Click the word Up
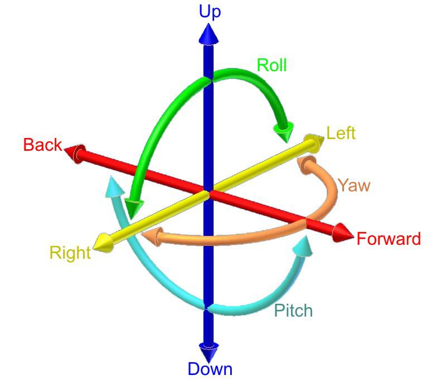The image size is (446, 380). [x=210, y=12]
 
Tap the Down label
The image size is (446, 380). [x=210, y=369]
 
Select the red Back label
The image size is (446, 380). [x=42, y=145]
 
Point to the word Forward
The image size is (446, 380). [x=389, y=239]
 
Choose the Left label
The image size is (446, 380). [x=341, y=133]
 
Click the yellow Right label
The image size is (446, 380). [x=70, y=253]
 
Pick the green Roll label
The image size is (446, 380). [x=272, y=65]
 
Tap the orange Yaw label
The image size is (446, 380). [x=354, y=185]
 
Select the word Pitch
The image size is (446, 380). [x=293, y=310]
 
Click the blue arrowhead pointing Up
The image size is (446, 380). [x=209, y=34]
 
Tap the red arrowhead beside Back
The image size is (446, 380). [x=75, y=153]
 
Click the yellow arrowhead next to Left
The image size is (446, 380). [x=314, y=143]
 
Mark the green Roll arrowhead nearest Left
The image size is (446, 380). [x=284, y=131]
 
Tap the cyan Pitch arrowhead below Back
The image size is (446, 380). [x=115, y=187]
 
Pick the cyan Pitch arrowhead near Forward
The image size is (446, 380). [x=303, y=247]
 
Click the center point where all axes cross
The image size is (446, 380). [x=209, y=193]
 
